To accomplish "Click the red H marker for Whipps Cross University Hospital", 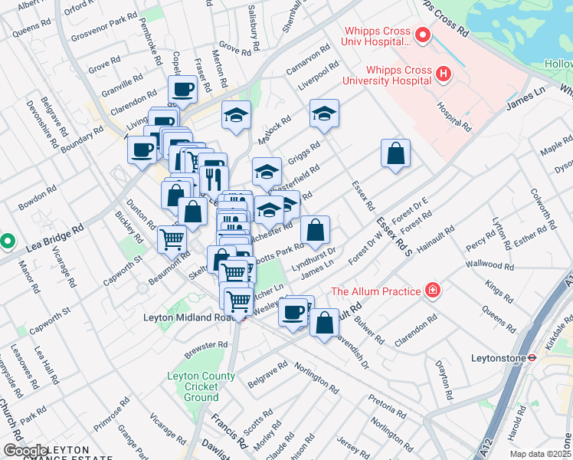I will [x=442, y=74].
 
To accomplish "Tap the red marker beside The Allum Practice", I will [x=433, y=291].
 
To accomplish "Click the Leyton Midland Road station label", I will [x=198, y=317].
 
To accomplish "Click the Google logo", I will [x=25, y=450].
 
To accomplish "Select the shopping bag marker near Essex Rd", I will [x=395, y=153].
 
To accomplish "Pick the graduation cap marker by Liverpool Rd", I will [x=324, y=114].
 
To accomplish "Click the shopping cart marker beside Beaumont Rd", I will [x=172, y=239].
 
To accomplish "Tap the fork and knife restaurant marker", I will [x=213, y=179].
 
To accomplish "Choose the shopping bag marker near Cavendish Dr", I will [x=325, y=322].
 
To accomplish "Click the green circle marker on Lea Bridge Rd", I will [x=7, y=241].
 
